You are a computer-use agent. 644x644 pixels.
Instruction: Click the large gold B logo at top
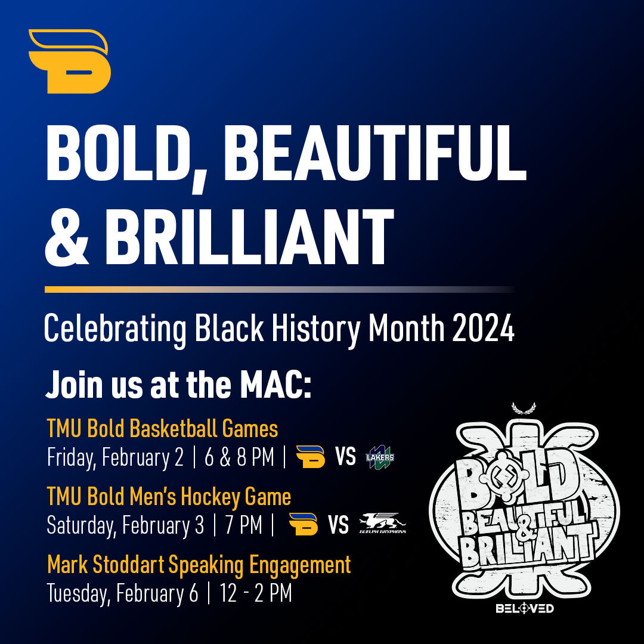coord(70,61)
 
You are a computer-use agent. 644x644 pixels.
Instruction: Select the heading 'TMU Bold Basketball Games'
coord(162,428)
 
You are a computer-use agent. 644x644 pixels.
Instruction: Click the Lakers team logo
coord(380,457)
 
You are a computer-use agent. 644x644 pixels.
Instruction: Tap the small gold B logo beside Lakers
coord(310,457)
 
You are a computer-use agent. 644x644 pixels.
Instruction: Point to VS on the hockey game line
coord(338,525)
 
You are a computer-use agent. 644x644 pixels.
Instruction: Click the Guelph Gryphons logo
coord(382,525)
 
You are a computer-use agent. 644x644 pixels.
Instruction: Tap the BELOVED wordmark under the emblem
coord(525,608)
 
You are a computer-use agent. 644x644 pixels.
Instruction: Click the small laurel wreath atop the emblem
coord(524,408)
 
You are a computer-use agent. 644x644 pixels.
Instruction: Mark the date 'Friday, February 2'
coord(115,458)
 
